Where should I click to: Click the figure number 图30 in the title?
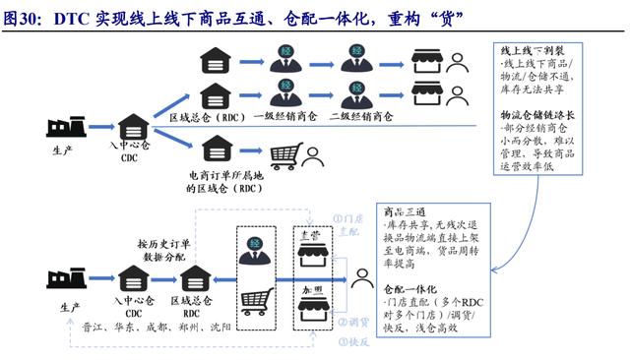click(22, 16)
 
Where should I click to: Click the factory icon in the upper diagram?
click(65, 128)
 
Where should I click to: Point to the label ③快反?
click(351, 341)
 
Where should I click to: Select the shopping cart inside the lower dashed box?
click(255, 301)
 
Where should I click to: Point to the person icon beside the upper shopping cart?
click(312, 155)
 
